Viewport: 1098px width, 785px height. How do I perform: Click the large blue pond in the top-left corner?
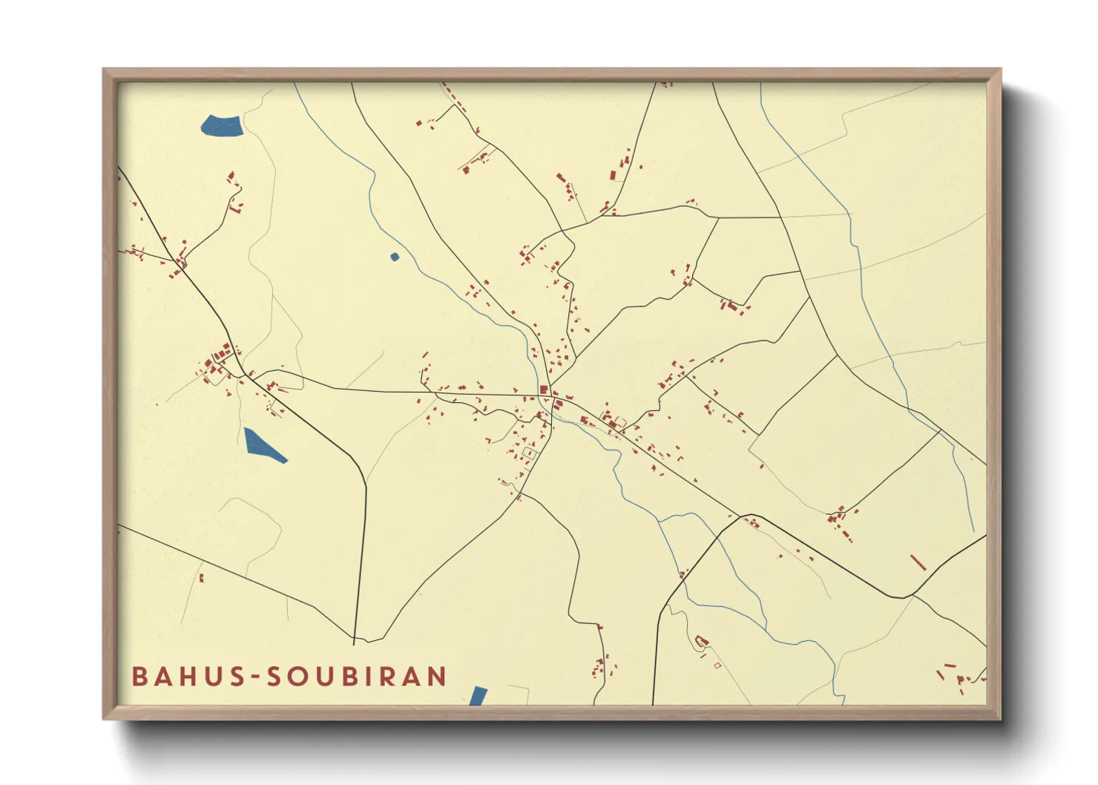221,126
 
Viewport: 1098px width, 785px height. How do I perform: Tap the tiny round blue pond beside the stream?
395,257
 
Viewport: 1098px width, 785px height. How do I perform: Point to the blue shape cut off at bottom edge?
479,696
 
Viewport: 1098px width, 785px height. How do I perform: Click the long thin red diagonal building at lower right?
918,562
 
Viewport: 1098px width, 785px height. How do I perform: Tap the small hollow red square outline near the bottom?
717,666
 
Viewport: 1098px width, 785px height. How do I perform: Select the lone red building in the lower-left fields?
201,577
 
